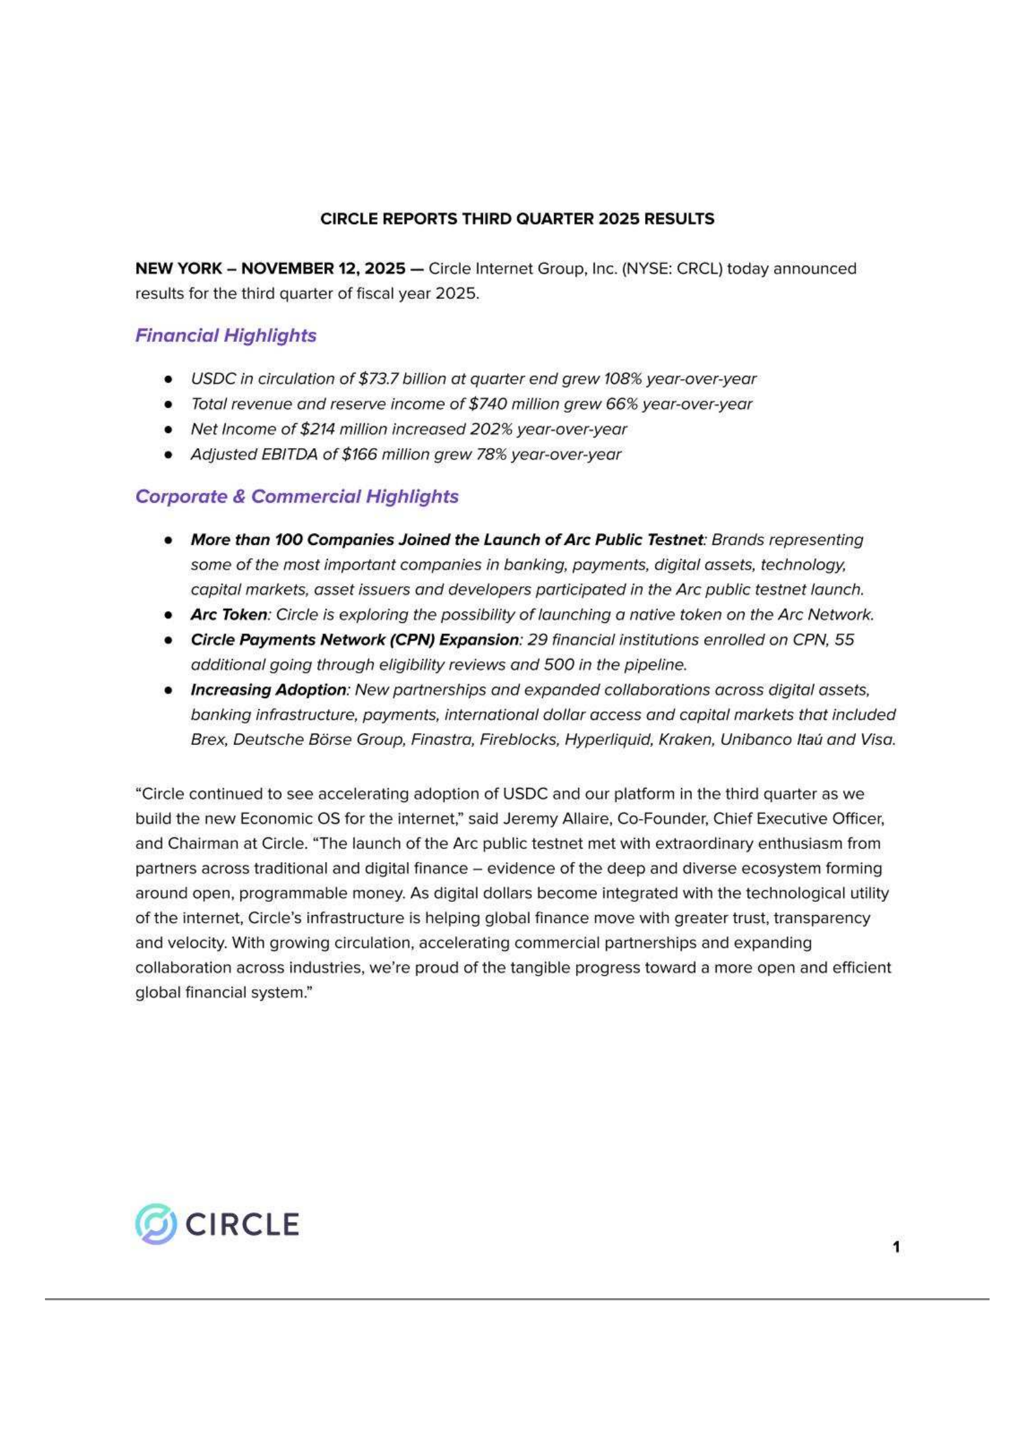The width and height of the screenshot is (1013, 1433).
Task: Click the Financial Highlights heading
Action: coord(225,335)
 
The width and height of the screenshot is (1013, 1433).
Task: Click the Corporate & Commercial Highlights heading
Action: coord(296,496)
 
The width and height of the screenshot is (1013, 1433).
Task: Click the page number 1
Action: coord(896,1246)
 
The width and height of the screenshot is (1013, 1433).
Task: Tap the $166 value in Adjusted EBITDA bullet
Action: coord(359,454)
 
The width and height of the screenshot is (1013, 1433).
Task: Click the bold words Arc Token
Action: coord(229,615)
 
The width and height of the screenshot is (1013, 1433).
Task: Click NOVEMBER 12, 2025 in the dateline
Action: coord(323,268)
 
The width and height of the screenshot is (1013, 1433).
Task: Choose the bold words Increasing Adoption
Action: coord(268,689)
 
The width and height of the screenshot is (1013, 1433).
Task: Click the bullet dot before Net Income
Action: coord(168,429)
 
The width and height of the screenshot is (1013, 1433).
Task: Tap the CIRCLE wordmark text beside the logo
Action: coord(242,1224)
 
